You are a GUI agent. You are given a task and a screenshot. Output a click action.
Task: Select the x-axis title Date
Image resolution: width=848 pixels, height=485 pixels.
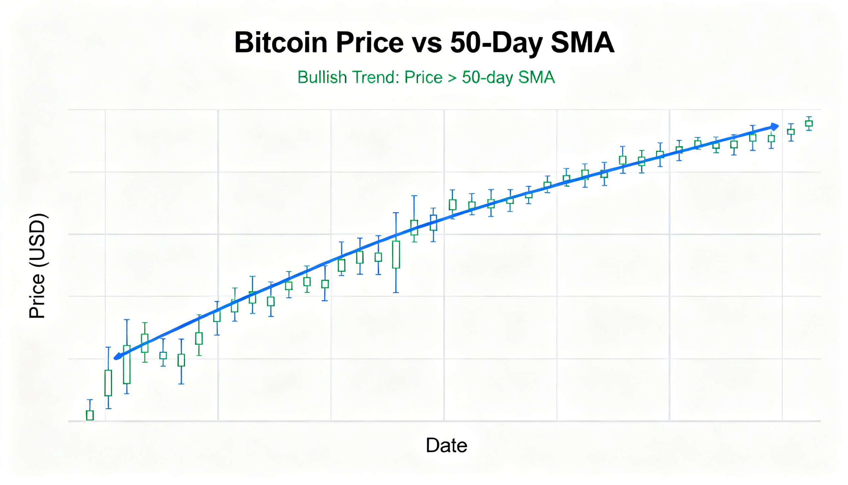(x=446, y=445)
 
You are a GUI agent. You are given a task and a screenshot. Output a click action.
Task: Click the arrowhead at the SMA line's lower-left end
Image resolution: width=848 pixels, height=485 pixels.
(x=118, y=357)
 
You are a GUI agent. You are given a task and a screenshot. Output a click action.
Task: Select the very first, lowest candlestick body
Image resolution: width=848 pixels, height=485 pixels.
(x=90, y=415)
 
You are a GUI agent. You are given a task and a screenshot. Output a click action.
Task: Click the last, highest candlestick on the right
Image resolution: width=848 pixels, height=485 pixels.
(x=809, y=124)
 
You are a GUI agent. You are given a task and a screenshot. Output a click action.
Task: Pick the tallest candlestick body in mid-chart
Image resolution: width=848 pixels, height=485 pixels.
(x=396, y=255)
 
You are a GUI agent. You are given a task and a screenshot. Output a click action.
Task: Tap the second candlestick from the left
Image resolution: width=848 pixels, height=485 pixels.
(x=108, y=383)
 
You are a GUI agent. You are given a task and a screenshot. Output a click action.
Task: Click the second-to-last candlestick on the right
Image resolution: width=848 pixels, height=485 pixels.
(x=791, y=132)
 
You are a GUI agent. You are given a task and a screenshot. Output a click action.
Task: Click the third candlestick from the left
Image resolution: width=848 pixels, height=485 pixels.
(x=127, y=364)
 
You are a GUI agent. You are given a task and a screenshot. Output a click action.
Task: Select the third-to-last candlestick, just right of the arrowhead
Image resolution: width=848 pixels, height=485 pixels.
(x=771, y=139)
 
